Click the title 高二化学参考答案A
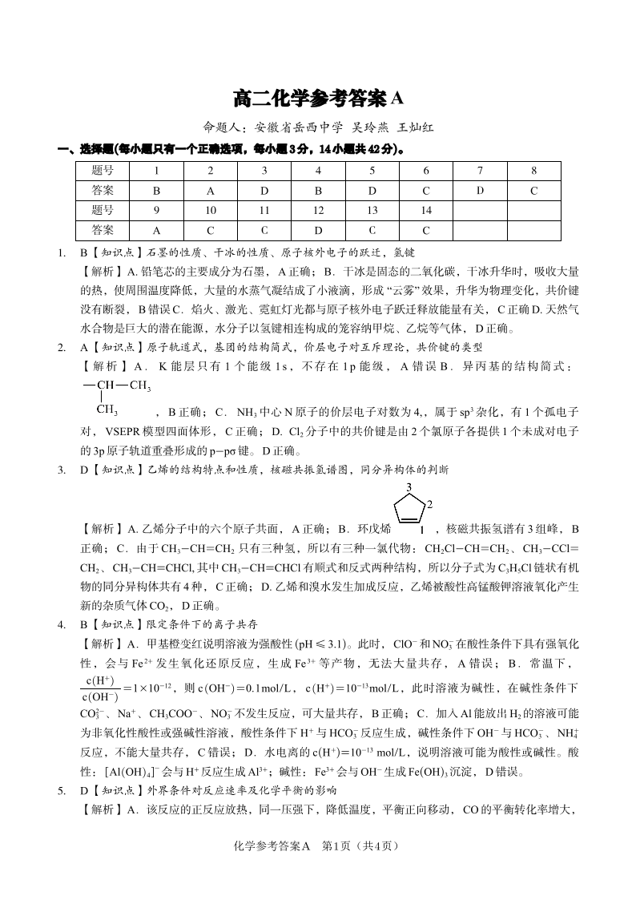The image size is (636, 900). click(x=318, y=99)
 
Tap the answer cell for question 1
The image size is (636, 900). click(x=156, y=191)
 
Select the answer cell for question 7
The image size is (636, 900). click(x=480, y=191)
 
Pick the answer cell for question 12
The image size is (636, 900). click(x=318, y=230)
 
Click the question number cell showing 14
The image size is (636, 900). click(x=426, y=211)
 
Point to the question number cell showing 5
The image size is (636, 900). click(x=372, y=171)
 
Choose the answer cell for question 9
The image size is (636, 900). click(x=156, y=230)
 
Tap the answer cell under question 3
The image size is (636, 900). click(x=264, y=191)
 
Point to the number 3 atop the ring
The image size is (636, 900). click(x=409, y=486)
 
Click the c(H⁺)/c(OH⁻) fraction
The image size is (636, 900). click(x=100, y=688)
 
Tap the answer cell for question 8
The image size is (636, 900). click(x=533, y=191)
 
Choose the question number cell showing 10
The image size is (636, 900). click(x=211, y=211)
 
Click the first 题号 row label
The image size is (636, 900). click(x=103, y=171)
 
